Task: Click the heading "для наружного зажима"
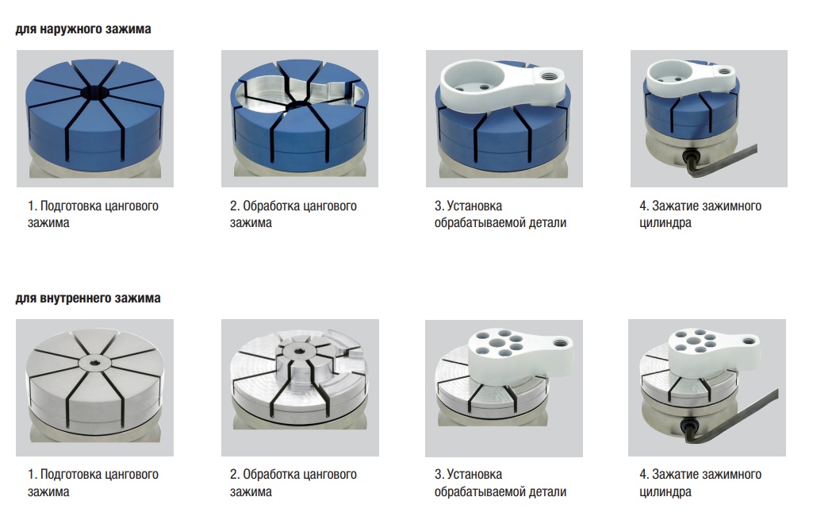[x=83, y=29]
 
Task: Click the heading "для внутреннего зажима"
[x=87, y=299]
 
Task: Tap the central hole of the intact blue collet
[x=95, y=93]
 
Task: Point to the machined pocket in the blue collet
[x=300, y=94]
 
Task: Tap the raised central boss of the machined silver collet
[x=299, y=358]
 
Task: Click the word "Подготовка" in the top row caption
[x=71, y=206]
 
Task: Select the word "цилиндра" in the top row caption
[x=665, y=223]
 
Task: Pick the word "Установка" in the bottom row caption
[x=474, y=474]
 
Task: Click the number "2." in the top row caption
[x=235, y=206]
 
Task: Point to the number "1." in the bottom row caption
[x=33, y=474]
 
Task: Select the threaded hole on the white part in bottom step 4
[x=748, y=341]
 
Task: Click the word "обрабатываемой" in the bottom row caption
[x=480, y=492]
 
